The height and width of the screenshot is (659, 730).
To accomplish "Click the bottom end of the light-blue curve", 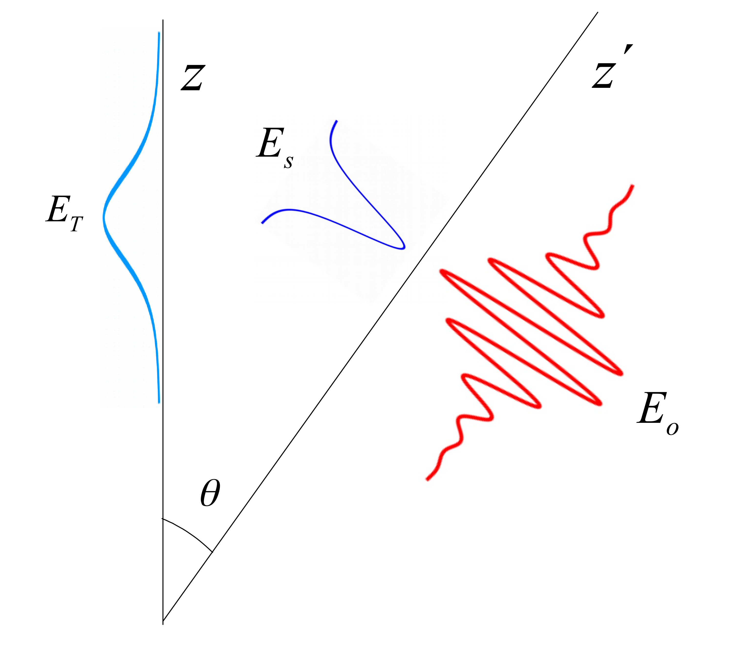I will (159, 402).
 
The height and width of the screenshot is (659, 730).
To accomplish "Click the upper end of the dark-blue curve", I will (337, 121).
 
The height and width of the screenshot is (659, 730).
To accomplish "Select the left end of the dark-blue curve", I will (262, 223).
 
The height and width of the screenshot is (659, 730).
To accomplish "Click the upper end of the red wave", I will (633, 185).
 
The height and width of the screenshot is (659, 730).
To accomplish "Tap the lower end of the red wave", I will (427, 480).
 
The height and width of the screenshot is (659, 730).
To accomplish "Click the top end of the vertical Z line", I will (163, 20).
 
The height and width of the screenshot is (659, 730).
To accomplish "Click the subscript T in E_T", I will (76, 224).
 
